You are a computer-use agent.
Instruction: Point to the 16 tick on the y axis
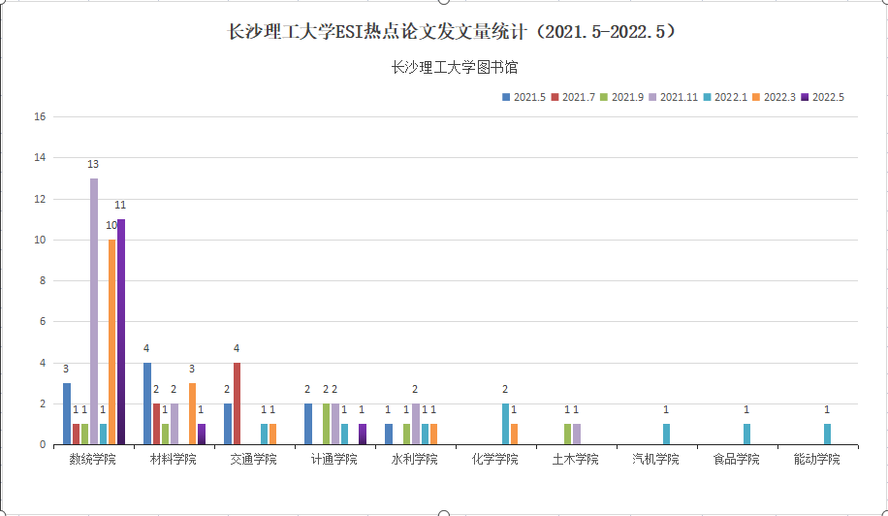(x=40, y=117)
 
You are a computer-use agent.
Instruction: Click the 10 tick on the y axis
(x=40, y=241)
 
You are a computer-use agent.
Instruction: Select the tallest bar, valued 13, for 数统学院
(x=94, y=310)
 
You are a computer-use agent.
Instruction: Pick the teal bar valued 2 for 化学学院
(x=505, y=424)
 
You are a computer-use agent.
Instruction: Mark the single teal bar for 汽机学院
(x=666, y=435)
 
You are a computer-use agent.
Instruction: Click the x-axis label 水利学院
(x=414, y=459)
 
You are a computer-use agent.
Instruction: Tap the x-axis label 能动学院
(x=817, y=459)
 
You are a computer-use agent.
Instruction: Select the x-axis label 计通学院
(x=333, y=459)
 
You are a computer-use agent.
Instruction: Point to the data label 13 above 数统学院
(x=93, y=164)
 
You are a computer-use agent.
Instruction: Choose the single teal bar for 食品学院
(x=746, y=435)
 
